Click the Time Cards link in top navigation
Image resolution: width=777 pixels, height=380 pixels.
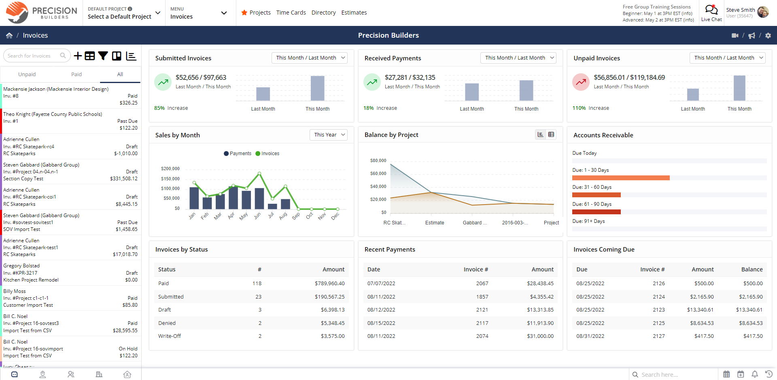[x=291, y=13]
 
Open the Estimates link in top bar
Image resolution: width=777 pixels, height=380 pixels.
[x=354, y=13]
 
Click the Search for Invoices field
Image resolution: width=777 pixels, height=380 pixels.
[x=32, y=56]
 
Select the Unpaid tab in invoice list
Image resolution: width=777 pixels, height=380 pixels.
[x=27, y=74]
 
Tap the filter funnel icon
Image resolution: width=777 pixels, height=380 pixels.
[x=103, y=56]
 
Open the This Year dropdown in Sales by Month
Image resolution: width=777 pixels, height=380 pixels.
[x=328, y=135]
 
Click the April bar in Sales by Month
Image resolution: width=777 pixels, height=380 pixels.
[x=233, y=197]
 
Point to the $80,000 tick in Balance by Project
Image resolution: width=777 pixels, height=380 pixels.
[x=378, y=160]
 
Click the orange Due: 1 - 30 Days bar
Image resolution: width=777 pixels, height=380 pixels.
[x=620, y=178]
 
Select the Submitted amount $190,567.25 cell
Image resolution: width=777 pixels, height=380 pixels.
[x=329, y=297]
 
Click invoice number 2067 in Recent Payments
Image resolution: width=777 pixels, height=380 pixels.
[x=482, y=284]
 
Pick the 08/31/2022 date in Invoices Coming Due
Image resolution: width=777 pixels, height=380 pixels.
[x=590, y=336]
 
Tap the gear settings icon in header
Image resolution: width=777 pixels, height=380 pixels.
[x=768, y=36]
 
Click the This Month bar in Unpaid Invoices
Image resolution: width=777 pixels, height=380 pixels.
[x=739, y=88]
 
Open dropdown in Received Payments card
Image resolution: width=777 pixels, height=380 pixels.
[x=518, y=58]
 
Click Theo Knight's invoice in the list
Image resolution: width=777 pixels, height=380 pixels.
[x=70, y=121]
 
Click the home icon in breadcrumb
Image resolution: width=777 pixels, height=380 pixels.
[x=9, y=36]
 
